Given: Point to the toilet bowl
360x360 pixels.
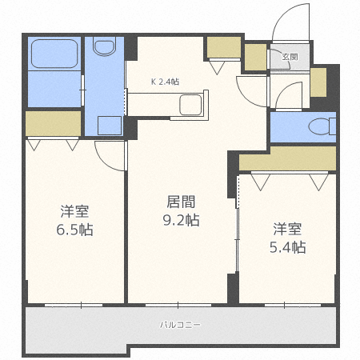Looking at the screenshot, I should click(321, 126).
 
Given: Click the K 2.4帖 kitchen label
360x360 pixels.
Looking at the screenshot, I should click(166, 81).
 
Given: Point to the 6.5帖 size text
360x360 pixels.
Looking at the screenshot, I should click(74, 230).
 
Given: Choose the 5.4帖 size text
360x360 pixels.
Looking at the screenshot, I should click(287, 247).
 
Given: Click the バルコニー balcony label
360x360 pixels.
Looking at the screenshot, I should click(180, 326).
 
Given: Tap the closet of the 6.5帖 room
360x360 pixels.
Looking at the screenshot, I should click(53, 124).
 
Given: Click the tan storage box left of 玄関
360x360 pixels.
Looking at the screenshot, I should click(255, 57).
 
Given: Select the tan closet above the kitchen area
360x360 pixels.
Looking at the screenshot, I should click(222, 48).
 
